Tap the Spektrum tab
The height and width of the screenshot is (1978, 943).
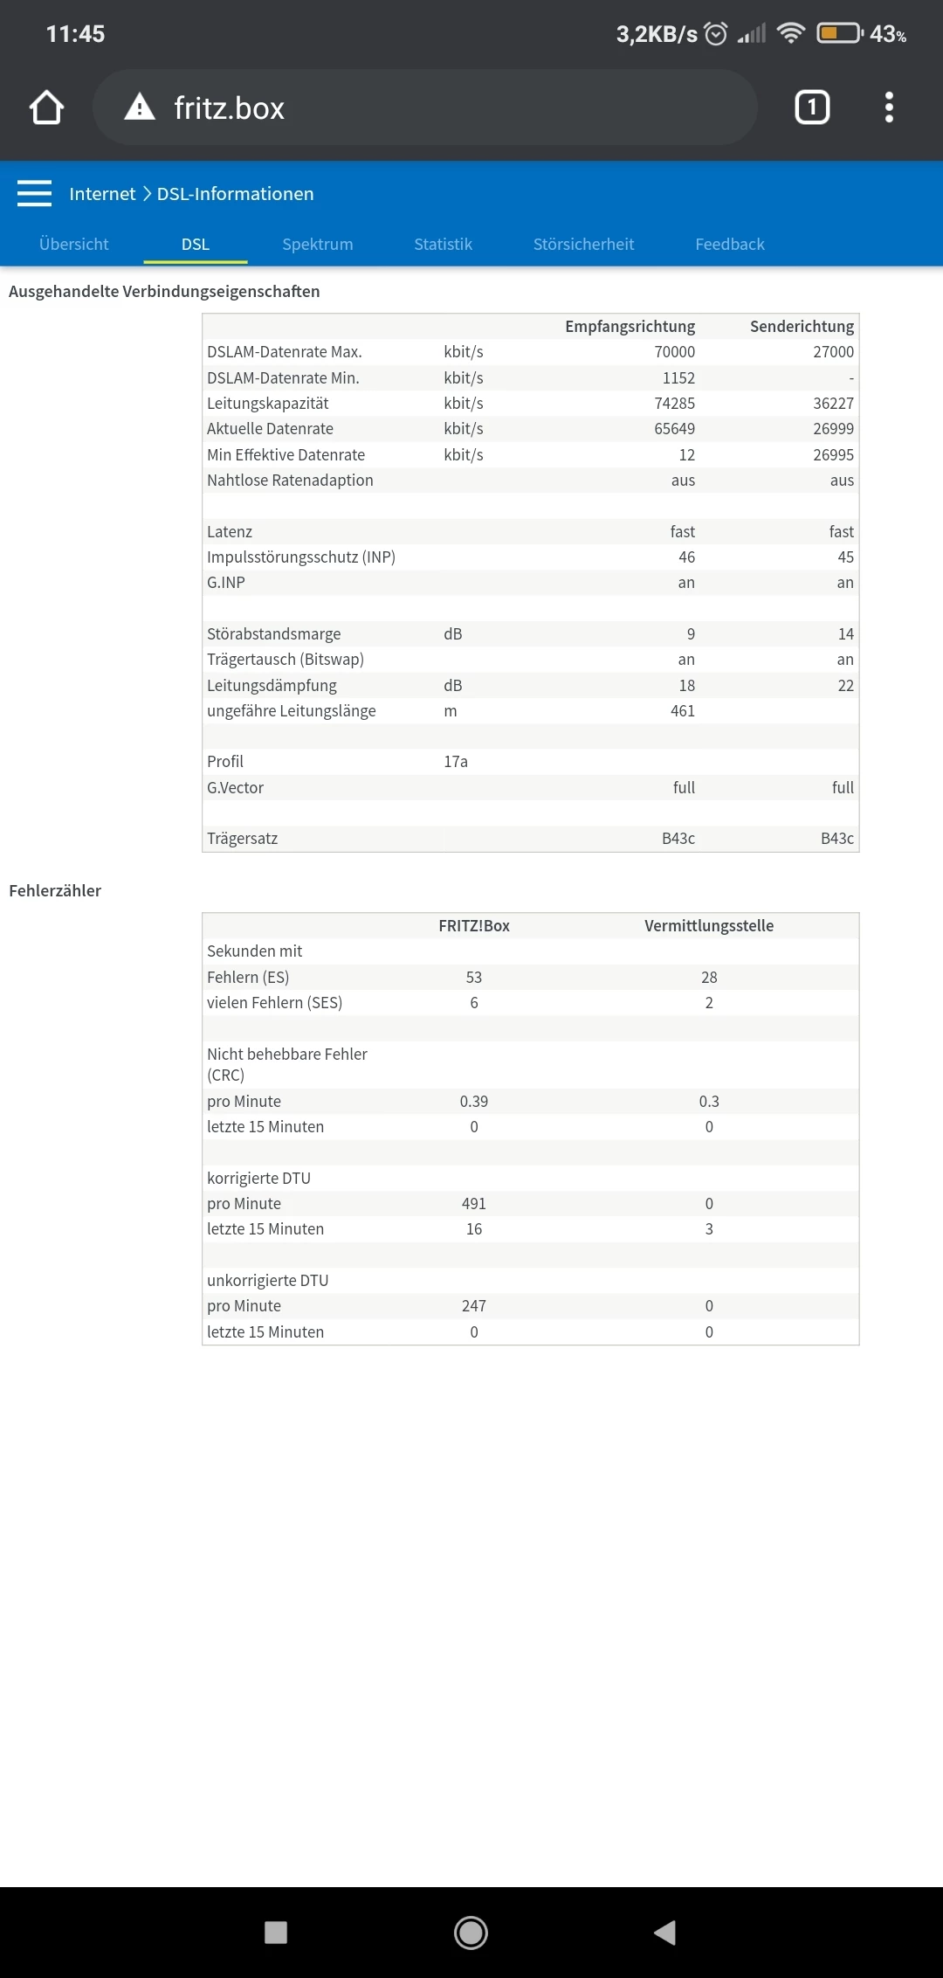(317, 244)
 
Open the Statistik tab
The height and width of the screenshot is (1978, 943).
(443, 244)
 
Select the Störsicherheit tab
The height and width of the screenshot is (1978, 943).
(583, 244)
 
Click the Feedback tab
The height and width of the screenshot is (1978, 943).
(729, 244)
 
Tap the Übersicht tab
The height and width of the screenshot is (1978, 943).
(74, 244)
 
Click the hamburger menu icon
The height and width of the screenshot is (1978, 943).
(34, 193)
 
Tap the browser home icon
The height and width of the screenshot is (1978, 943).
(46, 107)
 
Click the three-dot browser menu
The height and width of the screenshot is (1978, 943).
(889, 107)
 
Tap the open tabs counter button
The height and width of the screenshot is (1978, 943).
(812, 107)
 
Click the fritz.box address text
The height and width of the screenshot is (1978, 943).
(229, 108)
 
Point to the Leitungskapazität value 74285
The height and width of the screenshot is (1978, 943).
(674, 403)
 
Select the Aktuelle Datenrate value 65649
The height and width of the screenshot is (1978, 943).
(674, 428)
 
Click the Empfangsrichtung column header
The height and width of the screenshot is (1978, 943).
(630, 326)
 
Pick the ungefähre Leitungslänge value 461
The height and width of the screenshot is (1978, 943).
(682, 710)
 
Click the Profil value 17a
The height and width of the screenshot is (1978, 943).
(456, 761)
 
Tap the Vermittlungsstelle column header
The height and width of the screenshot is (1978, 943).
(708, 925)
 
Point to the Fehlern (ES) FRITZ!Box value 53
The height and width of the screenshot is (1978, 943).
(474, 977)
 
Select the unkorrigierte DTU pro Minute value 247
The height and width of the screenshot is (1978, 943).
(474, 1305)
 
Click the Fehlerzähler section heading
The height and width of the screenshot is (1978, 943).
(55, 890)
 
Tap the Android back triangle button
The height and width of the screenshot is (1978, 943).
(665, 1932)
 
